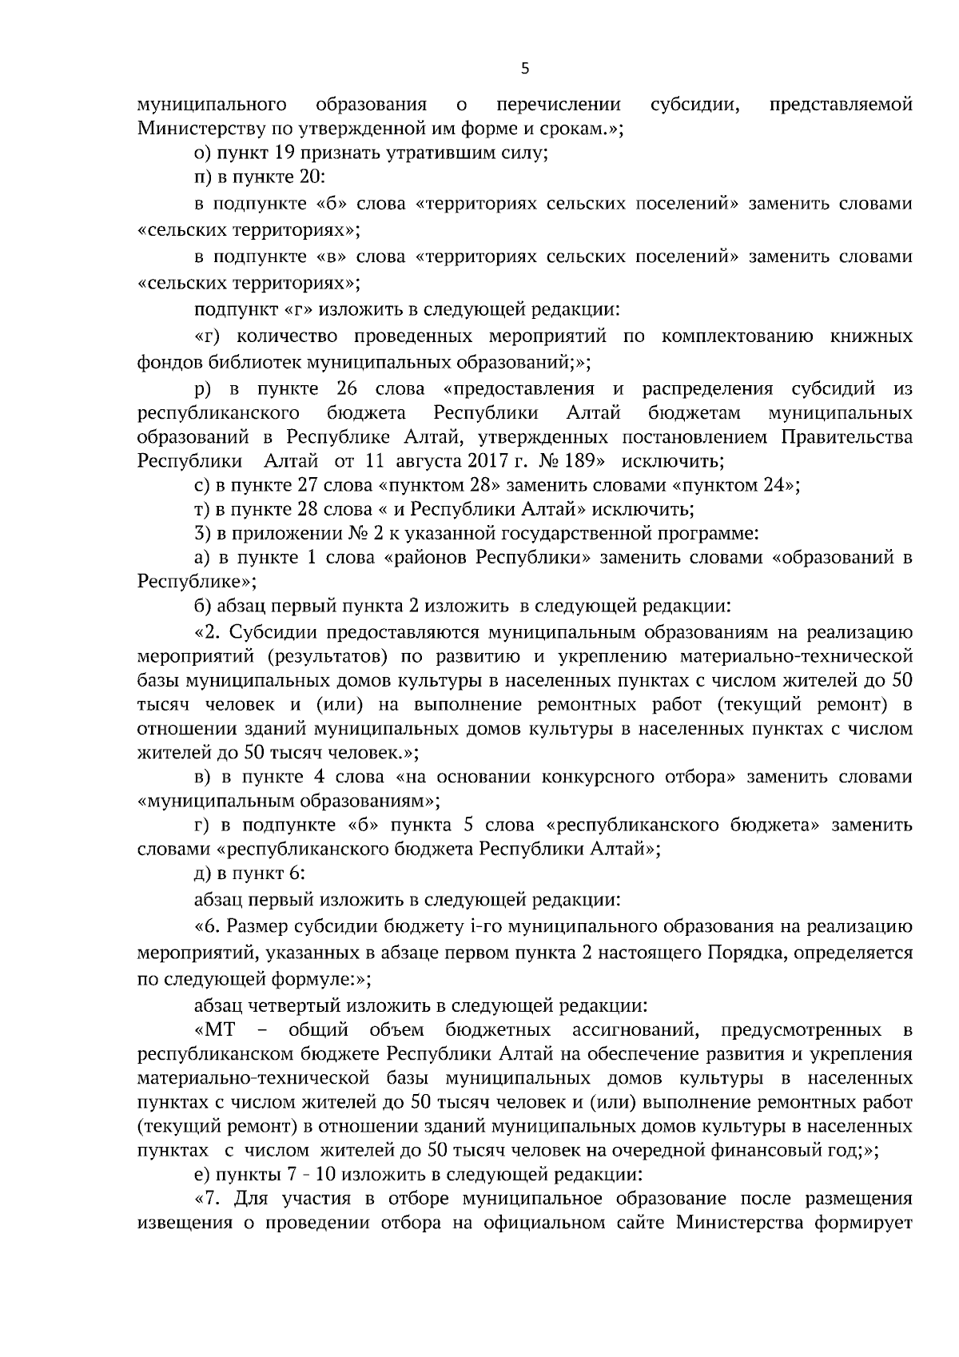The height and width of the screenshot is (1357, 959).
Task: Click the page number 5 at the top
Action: (x=524, y=69)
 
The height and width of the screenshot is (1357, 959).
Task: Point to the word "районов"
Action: (x=429, y=557)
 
